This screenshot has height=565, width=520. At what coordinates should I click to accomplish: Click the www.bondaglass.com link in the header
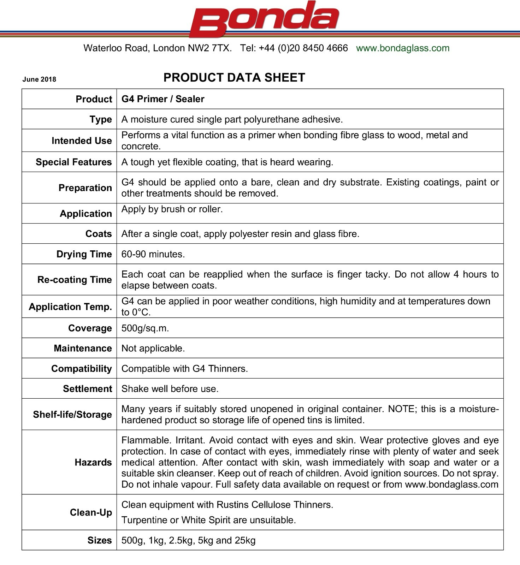pyautogui.click(x=403, y=48)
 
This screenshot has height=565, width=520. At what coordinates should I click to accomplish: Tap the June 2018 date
pyautogui.click(x=39, y=79)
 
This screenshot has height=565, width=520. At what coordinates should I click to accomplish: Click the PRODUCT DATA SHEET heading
pyautogui.click(x=234, y=78)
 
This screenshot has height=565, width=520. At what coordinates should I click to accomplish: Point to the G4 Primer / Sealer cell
pyautogui.click(x=163, y=99)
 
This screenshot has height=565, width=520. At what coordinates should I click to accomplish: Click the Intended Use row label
pyautogui.click(x=82, y=141)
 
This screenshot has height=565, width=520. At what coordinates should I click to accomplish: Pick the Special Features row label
pyautogui.click(x=73, y=162)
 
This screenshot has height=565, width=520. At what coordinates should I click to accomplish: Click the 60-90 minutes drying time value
pyautogui.click(x=153, y=254)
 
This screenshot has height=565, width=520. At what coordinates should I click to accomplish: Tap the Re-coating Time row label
pyautogui.click(x=75, y=280)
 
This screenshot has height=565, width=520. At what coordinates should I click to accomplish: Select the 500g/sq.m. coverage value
pyautogui.click(x=145, y=328)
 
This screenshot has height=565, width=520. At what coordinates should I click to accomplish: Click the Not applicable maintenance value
pyautogui.click(x=153, y=348)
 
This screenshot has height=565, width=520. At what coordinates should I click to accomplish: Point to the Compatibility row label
pyautogui.click(x=81, y=369)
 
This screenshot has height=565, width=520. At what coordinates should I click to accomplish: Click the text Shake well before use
pyautogui.click(x=170, y=389)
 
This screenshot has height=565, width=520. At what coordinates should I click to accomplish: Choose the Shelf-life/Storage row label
pyautogui.click(x=72, y=414)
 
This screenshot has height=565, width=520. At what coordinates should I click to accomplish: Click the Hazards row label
pyautogui.click(x=93, y=462)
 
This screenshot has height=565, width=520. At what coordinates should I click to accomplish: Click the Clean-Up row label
pyautogui.click(x=91, y=512)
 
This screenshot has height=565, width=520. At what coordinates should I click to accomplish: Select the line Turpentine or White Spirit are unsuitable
pyautogui.click(x=208, y=520)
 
